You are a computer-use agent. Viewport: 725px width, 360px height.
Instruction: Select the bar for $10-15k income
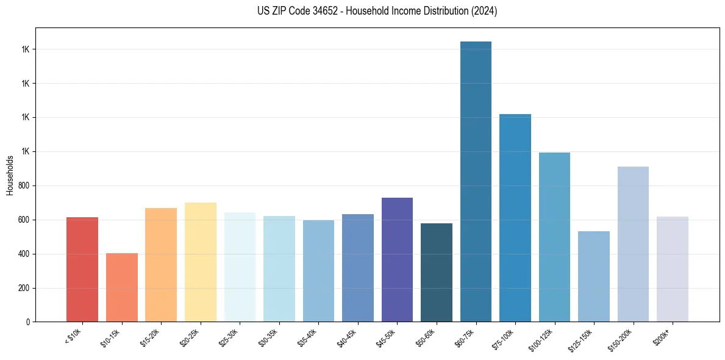click(121, 287)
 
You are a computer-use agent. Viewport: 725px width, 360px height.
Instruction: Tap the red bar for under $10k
click(82, 269)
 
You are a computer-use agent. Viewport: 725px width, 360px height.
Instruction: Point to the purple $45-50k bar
click(397, 259)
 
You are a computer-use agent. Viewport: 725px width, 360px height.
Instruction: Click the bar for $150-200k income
click(632, 244)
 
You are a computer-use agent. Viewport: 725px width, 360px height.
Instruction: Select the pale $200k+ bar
click(672, 269)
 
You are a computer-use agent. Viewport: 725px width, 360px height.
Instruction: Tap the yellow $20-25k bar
click(200, 262)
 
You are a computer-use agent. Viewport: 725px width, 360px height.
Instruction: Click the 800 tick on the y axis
click(24, 185)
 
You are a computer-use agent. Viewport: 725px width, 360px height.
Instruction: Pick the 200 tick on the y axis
click(24, 288)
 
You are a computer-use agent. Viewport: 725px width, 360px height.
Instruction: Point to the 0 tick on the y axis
click(28, 322)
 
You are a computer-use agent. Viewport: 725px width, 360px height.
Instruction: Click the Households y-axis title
click(10, 175)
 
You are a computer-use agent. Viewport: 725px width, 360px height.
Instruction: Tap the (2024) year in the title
click(484, 11)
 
